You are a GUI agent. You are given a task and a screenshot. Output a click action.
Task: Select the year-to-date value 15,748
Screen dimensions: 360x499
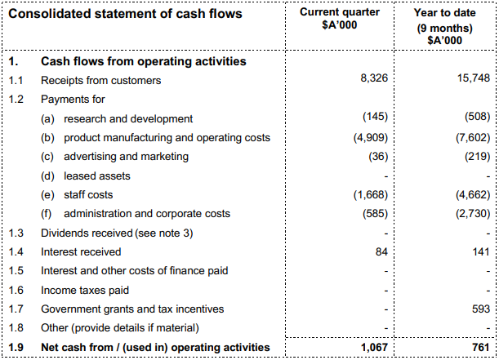[471, 79]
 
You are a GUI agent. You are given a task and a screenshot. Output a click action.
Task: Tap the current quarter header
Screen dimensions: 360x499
[340, 19]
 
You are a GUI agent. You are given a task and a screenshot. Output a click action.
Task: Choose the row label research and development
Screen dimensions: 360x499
[128, 118]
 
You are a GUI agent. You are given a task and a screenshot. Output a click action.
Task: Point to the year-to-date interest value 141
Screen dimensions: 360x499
[479, 251]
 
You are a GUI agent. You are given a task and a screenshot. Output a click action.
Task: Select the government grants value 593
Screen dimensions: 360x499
[479, 309]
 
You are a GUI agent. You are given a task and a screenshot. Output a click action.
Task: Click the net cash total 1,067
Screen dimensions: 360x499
[371, 349]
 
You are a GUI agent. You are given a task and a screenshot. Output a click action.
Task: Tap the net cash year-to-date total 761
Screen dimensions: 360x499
[479, 349]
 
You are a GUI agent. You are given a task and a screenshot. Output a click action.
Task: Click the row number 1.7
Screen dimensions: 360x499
[16, 309]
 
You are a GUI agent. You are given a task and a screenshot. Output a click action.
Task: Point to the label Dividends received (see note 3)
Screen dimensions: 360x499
[118, 233]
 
